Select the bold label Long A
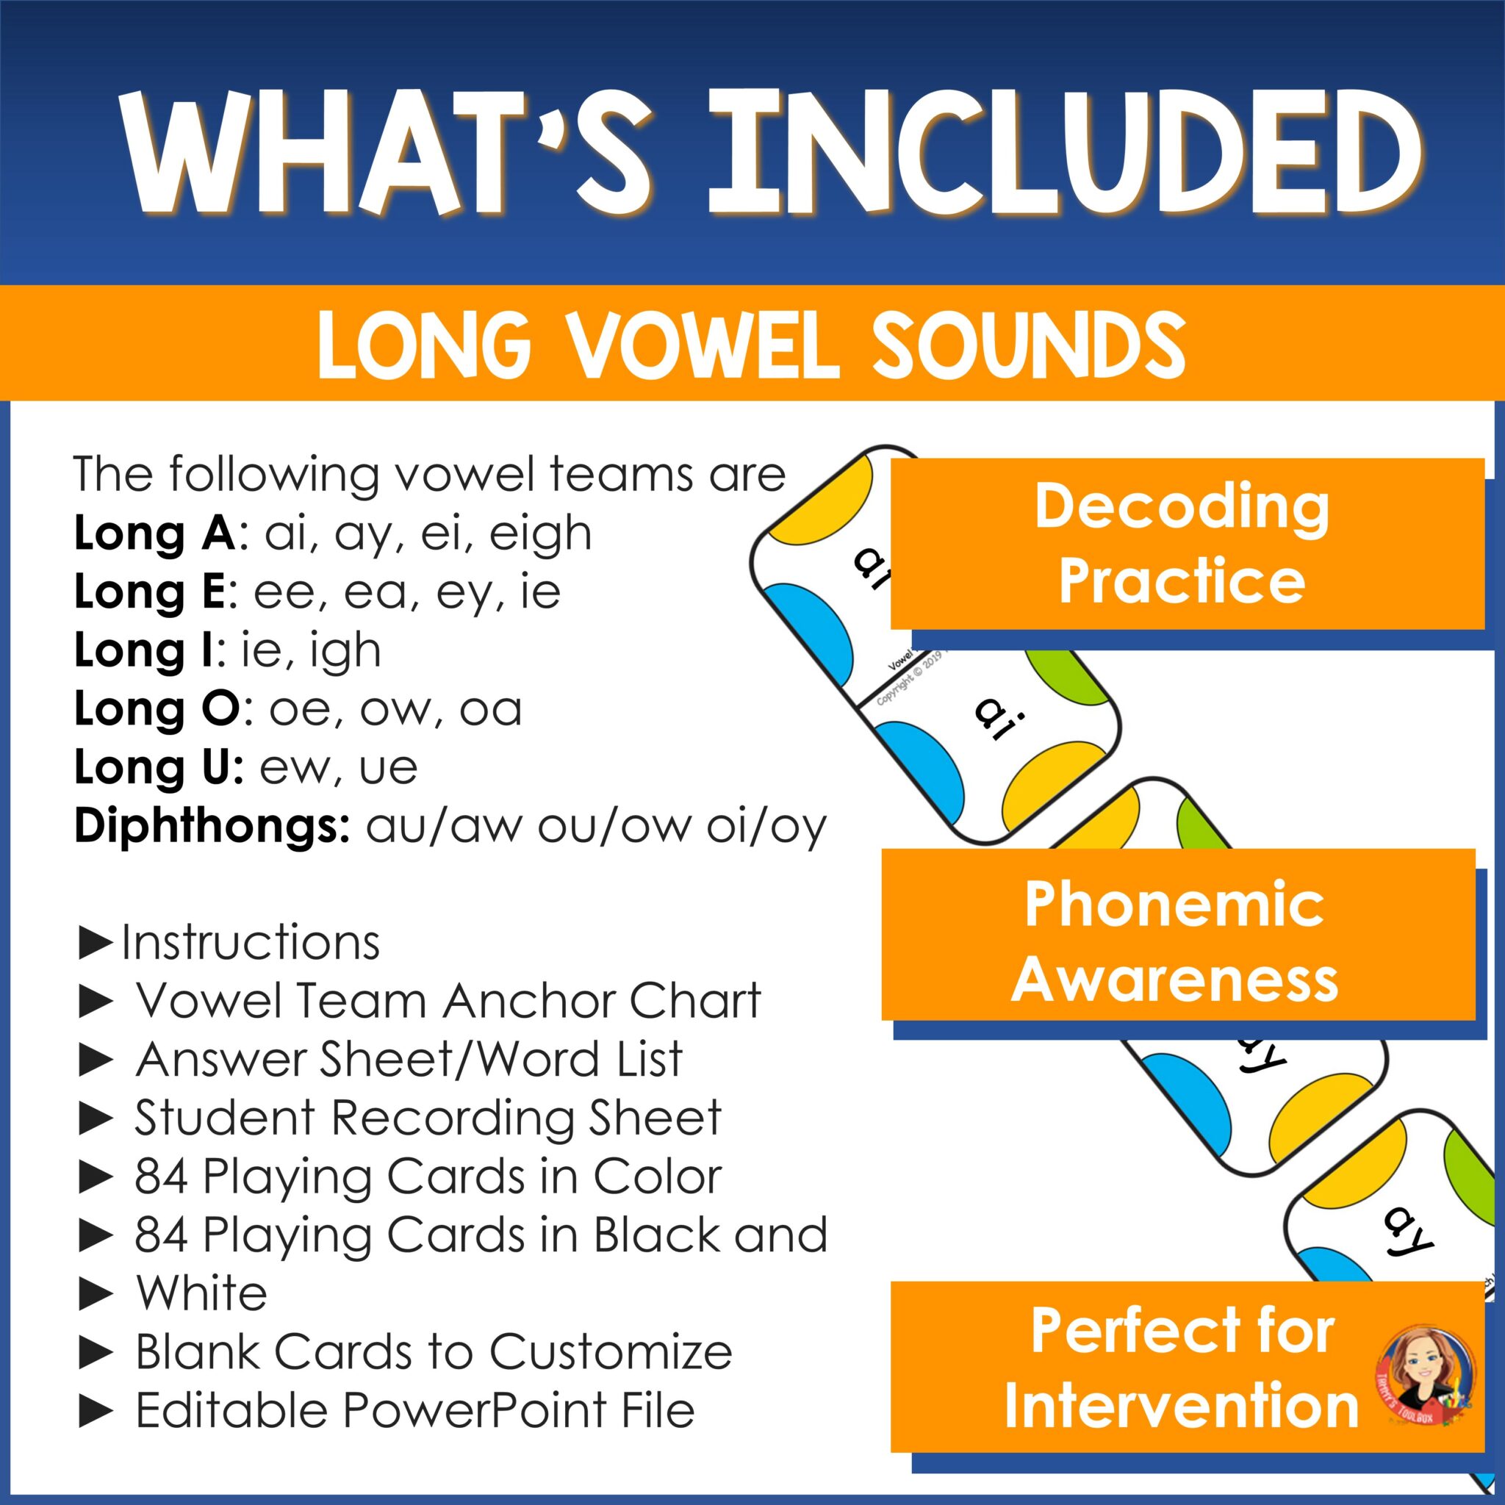[154, 534]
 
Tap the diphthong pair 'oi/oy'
[766, 827]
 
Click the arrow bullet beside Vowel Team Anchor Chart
[96, 1002]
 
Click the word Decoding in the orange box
[1182, 507]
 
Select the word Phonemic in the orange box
[1174, 905]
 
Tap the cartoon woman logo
[1423, 1376]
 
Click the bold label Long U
[159, 767]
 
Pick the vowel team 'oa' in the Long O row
[490, 710]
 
